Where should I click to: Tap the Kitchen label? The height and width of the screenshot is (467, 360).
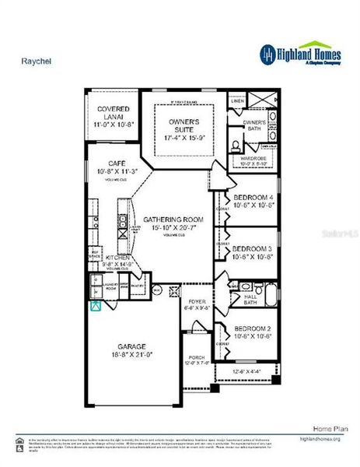pyautogui.click(x=107, y=278)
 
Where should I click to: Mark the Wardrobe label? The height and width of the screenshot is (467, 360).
pyautogui.click(x=253, y=160)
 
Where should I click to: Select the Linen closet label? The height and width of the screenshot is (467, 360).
pyautogui.click(x=239, y=101)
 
